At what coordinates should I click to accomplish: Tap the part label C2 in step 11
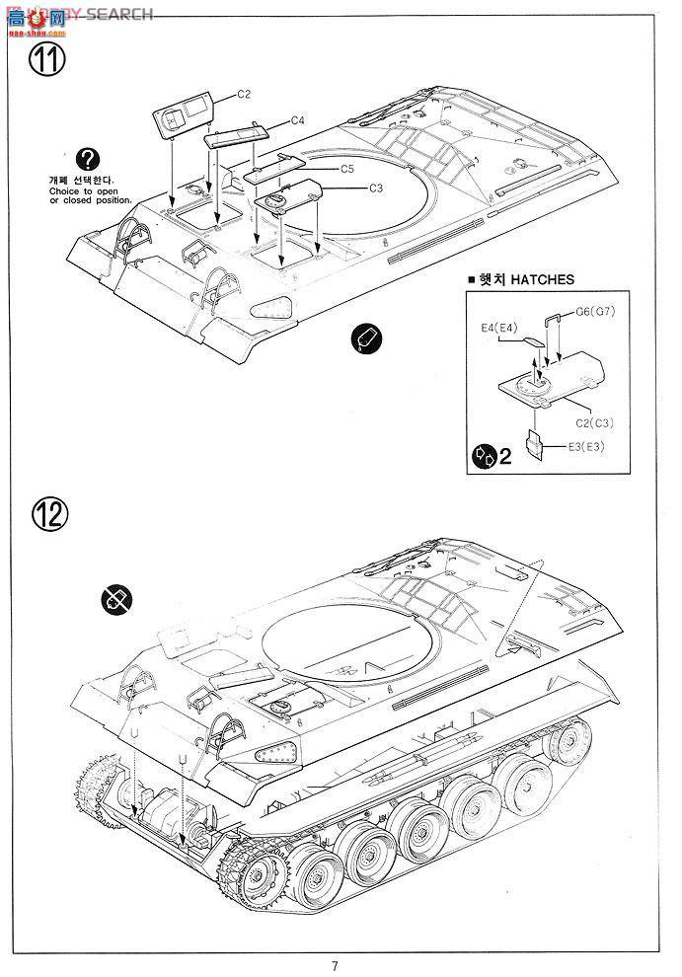pos(244,94)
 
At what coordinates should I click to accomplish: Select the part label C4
pos(297,120)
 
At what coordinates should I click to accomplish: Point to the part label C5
pos(347,169)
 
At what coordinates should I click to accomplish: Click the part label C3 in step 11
pos(375,188)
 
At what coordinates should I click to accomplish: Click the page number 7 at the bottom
pos(336,965)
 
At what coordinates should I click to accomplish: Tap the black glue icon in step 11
pos(365,338)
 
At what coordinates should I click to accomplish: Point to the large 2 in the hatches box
pos(505,458)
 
